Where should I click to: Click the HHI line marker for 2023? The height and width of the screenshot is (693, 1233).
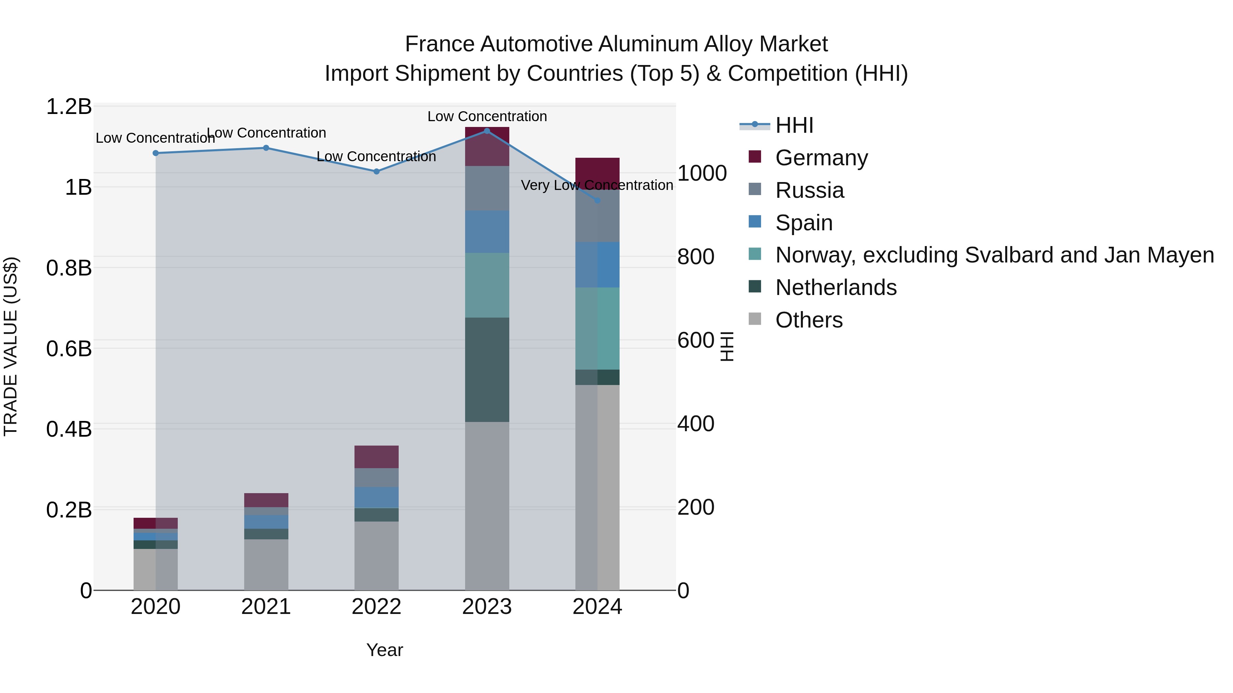coord(487,131)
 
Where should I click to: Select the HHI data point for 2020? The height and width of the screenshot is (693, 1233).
coord(155,153)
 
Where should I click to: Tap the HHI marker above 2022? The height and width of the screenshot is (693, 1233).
coord(376,171)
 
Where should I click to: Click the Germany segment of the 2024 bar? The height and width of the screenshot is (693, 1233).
coord(597,172)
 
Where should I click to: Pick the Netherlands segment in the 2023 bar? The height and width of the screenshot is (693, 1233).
coord(487,369)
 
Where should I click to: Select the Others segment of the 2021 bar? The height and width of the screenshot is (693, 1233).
coord(266,564)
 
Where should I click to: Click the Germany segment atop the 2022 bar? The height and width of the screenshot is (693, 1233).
coord(376,457)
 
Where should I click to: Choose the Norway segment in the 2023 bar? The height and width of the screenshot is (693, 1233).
coord(487,285)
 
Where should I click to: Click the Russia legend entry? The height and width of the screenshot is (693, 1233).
coord(809,190)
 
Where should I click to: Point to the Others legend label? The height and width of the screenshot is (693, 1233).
coord(809,320)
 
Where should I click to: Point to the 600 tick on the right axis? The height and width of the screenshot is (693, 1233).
coord(696,340)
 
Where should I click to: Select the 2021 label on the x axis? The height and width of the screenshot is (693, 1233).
coord(266,607)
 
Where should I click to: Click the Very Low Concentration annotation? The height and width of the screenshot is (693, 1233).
coord(597,185)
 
